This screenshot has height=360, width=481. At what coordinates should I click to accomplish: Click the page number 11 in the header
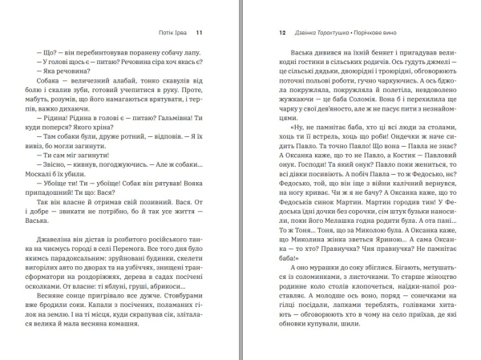[x=200, y=33]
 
